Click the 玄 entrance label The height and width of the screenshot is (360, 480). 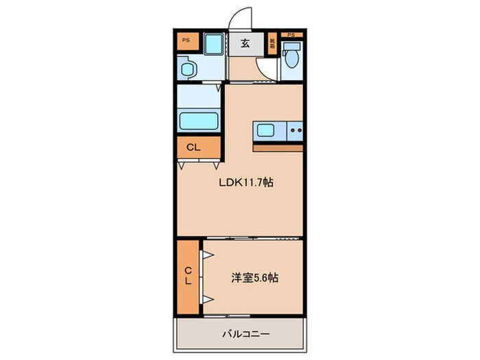[244, 43]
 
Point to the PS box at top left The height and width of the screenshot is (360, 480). [187, 42]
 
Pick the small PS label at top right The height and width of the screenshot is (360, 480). [291, 35]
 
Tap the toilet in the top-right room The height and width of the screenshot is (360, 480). [291, 54]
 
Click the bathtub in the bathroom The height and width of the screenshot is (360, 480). [199, 121]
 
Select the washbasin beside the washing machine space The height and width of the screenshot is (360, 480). [188, 69]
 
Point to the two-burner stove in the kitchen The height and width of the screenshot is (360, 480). [295, 130]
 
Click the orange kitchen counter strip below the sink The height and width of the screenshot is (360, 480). [277, 146]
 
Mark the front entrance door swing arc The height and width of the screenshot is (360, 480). [241, 17]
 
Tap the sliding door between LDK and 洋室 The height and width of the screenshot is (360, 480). [254, 239]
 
